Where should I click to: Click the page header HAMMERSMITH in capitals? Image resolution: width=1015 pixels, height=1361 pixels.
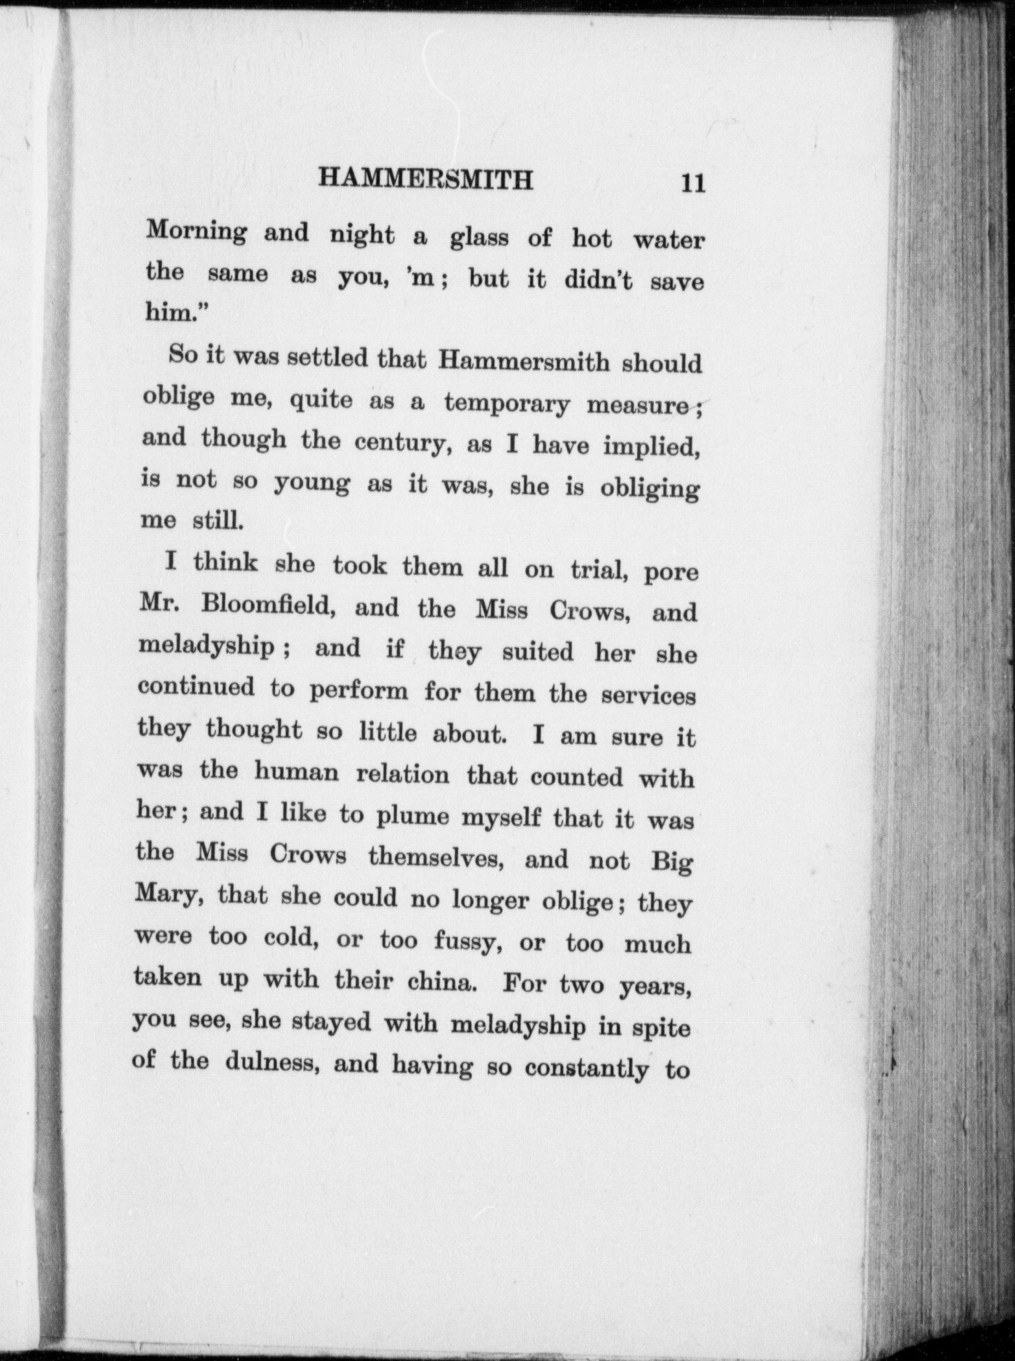[x=426, y=179]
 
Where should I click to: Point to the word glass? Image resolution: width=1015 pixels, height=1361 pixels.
[x=479, y=238]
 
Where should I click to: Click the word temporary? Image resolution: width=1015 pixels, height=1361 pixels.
[x=506, y=404]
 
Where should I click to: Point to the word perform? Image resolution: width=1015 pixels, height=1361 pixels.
[x=358, y=690]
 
